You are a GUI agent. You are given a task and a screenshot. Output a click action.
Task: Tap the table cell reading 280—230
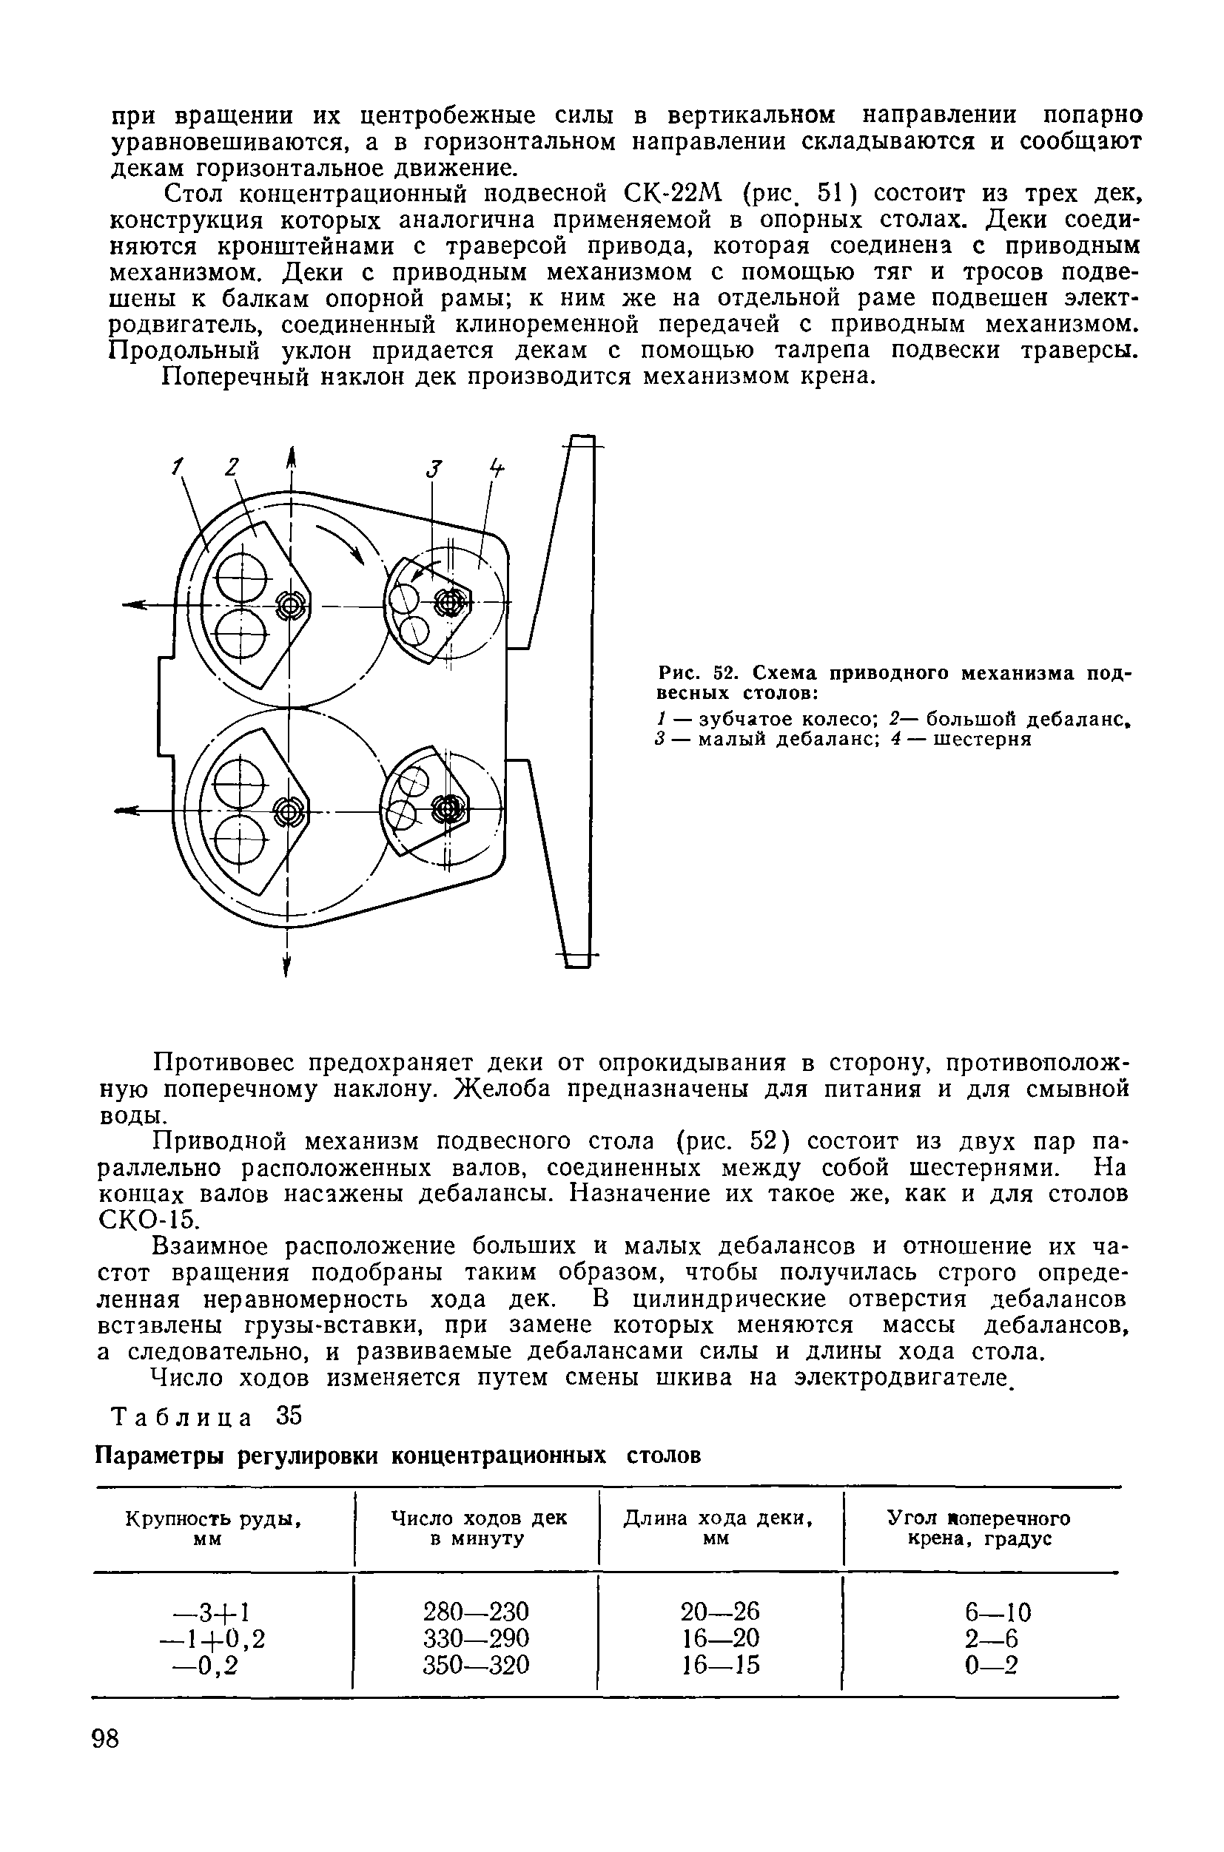click(475, 1611)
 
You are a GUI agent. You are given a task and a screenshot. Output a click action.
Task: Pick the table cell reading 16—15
click(720, 1666)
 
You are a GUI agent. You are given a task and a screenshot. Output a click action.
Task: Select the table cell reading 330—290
click(475, 1638)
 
